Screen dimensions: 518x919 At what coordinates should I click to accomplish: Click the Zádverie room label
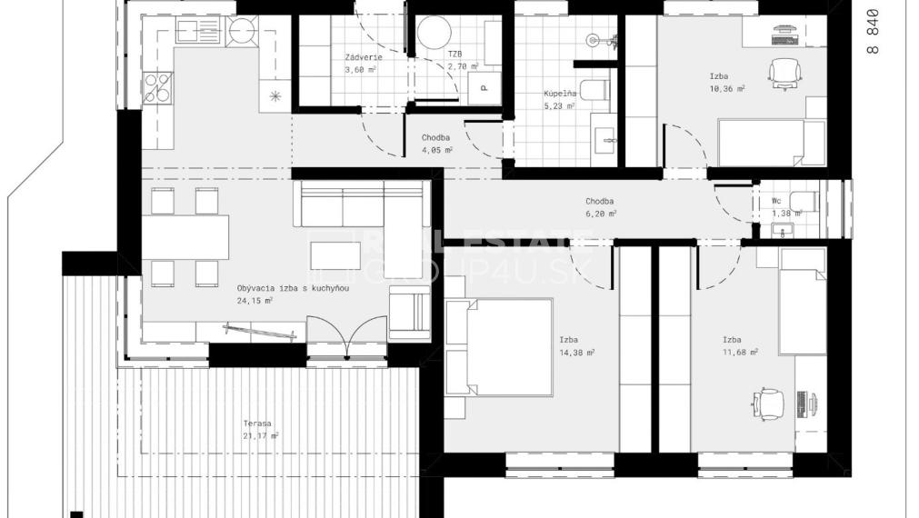click(x=363, y=58)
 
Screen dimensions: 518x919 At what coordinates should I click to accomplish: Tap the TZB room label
click(x=455, y=55)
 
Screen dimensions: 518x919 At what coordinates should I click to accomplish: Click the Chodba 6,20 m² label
click(x=601, y=207)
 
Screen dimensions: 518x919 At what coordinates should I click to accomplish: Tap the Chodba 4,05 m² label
click(x=436, y=144)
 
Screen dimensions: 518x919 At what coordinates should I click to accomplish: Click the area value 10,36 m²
click(x=727, y=89)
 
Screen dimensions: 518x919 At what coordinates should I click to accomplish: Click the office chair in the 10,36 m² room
click(x=782, y=72)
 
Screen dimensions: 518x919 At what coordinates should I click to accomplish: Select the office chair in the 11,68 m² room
click(x=769, y=403)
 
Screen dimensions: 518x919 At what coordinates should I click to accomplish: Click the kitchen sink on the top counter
click(x=193, y=33)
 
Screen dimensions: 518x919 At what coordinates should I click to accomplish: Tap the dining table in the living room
click(x=185, y=236)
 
